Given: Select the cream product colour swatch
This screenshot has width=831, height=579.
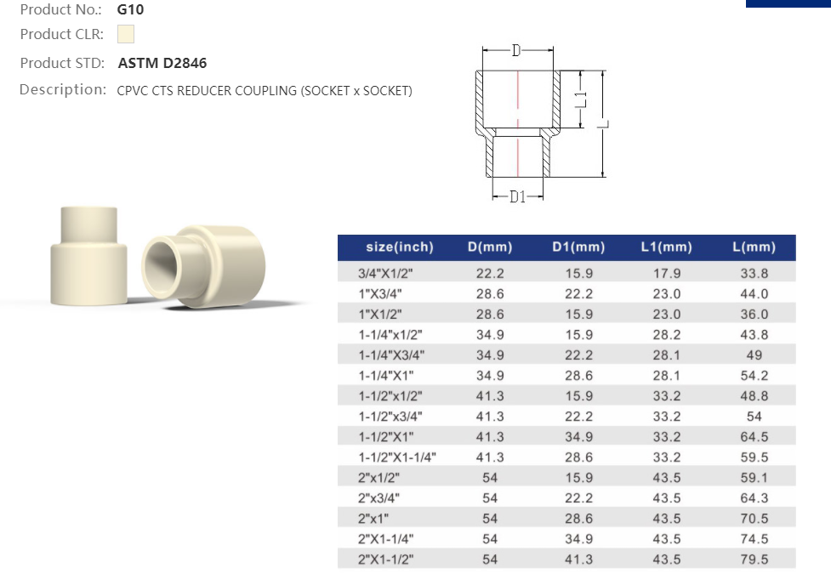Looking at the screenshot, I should point(126,35).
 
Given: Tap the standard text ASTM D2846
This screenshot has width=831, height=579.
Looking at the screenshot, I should point(162,63).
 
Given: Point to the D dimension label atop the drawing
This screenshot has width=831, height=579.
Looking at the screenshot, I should point(516,51).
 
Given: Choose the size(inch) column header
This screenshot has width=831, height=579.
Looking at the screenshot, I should point(399,247).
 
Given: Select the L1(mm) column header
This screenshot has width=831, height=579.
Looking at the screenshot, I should point(666,247).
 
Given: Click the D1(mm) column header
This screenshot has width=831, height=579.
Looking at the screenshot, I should point(578,247).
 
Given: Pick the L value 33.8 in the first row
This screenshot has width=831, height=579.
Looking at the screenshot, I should point(754,274).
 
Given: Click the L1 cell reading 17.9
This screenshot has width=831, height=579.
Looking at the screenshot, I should point(666,274).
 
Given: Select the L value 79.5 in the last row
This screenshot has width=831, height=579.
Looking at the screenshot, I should point(754,559).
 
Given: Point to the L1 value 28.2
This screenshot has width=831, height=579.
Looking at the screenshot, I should point(666,335).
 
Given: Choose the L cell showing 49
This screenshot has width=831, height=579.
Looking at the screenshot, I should point(754,355).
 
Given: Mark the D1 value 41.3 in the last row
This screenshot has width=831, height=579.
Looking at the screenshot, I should point(578,559).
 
